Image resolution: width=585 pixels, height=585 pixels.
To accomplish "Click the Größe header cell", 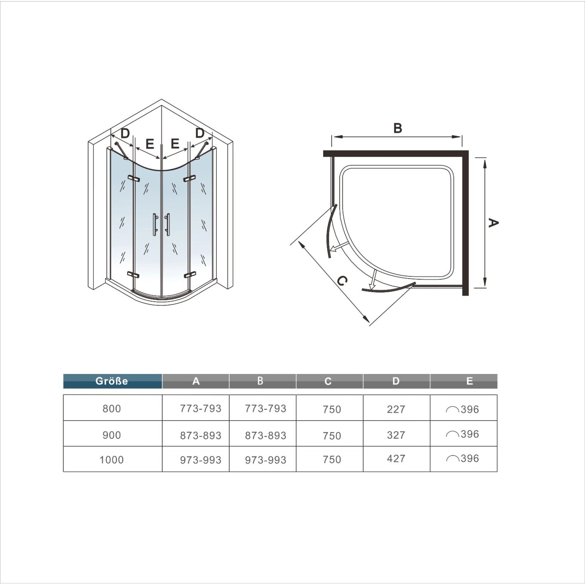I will tap(112, 381).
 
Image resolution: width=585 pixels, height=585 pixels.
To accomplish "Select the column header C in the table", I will tap(328, 381).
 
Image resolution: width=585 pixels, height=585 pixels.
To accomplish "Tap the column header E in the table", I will tap(469, 381).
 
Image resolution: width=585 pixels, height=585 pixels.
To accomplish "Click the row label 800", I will tap(112, 409).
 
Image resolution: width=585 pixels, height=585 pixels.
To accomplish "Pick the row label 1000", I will tap(112, 460).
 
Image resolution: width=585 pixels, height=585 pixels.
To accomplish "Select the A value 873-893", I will tap(200, 435).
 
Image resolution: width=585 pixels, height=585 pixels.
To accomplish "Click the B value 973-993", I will tap(266, 460).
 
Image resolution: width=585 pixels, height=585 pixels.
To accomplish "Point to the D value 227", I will tap(396, 409).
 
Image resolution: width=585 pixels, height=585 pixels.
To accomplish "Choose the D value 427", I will tap(396, 459).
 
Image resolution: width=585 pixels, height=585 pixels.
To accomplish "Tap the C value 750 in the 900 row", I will tap(332, 436).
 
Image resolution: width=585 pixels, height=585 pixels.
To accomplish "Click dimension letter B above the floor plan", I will tap(397, 128).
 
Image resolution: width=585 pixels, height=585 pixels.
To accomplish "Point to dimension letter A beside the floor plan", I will tap(493, 223).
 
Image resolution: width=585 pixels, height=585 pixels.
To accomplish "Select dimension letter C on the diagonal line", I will tap(342, 281).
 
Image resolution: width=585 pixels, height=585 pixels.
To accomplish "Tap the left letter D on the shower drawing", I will tap(125, 134).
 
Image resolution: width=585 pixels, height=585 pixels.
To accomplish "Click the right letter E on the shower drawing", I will tap(175, 144).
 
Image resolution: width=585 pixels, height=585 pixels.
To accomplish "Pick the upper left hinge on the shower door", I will tap(133, 179).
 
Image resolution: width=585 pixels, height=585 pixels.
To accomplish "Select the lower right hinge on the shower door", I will tap(189, 275).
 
